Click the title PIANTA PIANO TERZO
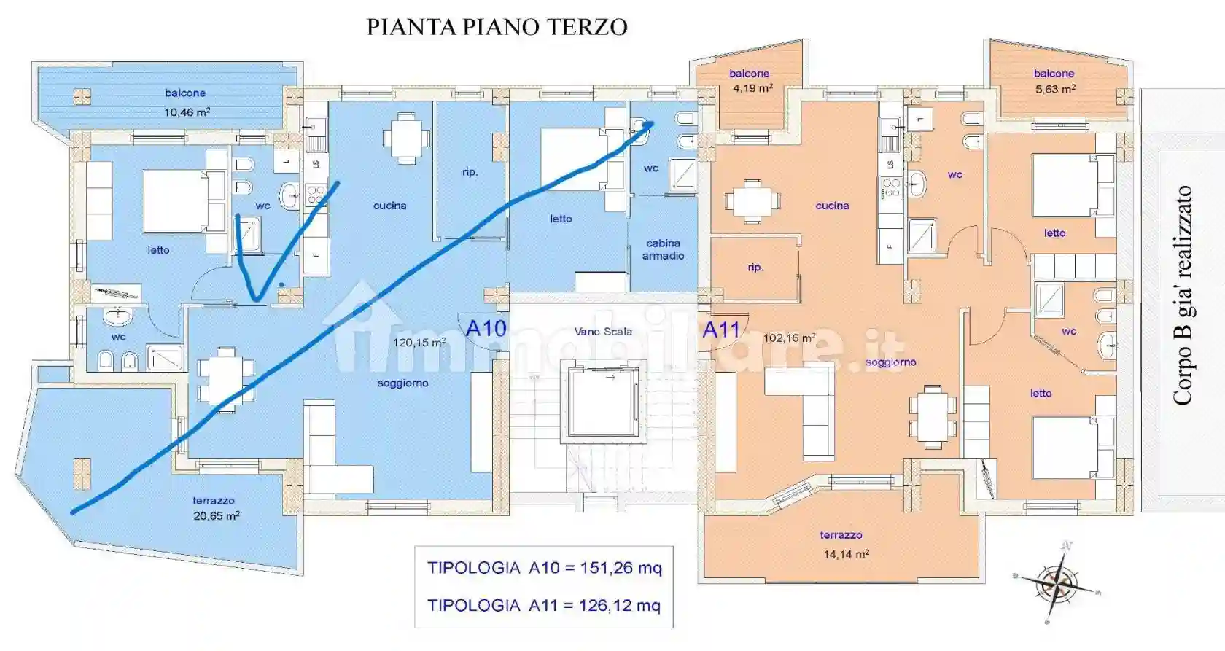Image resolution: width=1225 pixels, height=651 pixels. coord(497,27)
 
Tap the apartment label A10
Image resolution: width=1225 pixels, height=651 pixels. coord(486,329)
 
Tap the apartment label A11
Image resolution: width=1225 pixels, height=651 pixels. coord(721,330)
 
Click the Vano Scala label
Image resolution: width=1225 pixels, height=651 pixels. coord(603,332)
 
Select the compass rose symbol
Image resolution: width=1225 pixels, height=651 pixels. coord(1056,582)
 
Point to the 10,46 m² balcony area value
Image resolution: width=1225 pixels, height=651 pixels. coord(187,112)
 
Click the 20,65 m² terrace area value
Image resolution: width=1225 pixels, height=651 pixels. coord(216,516)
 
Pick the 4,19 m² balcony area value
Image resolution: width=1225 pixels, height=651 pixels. coord(752,89)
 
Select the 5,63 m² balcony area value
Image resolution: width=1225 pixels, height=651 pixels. coord(1054,89)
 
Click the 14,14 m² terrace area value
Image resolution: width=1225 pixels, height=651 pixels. coord(846,555)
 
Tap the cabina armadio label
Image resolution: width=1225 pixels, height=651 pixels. coord(663,249)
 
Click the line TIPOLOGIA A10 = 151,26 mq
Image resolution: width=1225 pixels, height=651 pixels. coord(544,568)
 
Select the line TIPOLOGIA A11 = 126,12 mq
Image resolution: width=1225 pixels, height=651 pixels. coord(544,606)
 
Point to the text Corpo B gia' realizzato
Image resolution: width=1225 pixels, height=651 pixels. coord(1182,295)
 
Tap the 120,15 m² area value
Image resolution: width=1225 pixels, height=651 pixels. coord(419,343)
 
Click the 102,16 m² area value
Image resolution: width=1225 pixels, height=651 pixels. coord(789,338)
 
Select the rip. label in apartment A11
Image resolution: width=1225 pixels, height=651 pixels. coord(755,268)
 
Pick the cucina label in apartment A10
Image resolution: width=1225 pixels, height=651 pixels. coord(389,206)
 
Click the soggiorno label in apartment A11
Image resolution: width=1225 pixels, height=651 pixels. coord(890,362)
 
